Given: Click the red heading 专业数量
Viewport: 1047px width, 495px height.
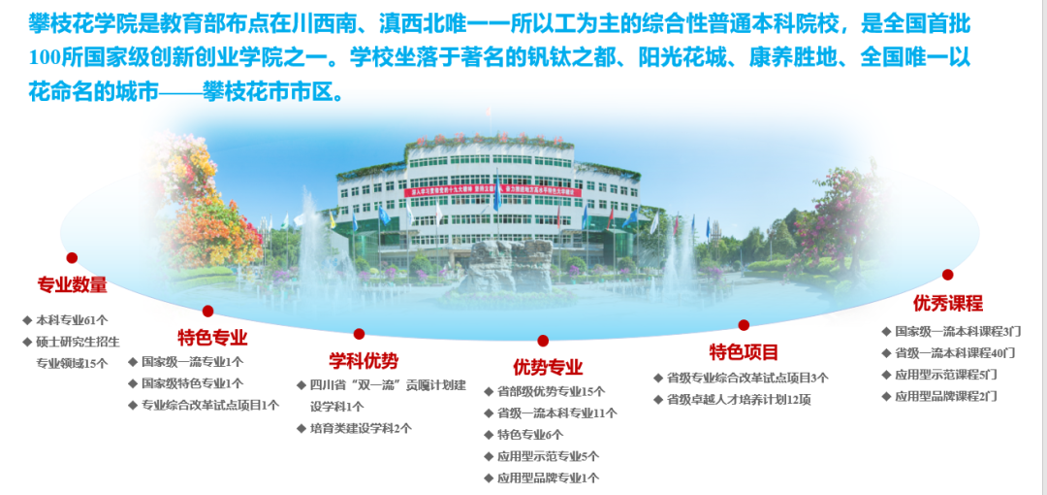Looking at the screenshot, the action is (x=72, y=285).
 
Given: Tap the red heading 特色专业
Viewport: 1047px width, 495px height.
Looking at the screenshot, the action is (x=212, y=337).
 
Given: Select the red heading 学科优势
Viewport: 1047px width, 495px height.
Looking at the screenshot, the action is (x=364, y=361).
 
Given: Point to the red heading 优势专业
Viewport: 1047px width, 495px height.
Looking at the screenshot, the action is (x=548, y=367).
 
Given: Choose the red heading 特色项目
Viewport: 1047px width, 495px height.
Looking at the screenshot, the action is (x=744, y=352).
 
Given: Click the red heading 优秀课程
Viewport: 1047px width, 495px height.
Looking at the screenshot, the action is (x=948, y=304).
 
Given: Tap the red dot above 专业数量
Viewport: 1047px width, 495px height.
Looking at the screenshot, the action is (x=72, y=257).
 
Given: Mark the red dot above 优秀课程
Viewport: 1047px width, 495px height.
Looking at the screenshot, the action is (x=947, y=275).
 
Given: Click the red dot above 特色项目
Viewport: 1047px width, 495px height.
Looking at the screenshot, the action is (x=744, y=325).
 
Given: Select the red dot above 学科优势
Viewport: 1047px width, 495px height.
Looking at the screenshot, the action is (x=360, y=334).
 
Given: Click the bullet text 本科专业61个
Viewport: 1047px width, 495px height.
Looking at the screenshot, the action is (x=72, y=319).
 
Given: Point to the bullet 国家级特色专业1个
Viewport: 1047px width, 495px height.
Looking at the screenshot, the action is (x=192, y=383).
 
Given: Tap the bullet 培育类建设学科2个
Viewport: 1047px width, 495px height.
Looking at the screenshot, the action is (x=361, y=428).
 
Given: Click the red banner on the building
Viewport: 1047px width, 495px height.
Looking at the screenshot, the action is (x=492, y=192).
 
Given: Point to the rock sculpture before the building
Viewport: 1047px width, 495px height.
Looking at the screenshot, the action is (x=511, y=264).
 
